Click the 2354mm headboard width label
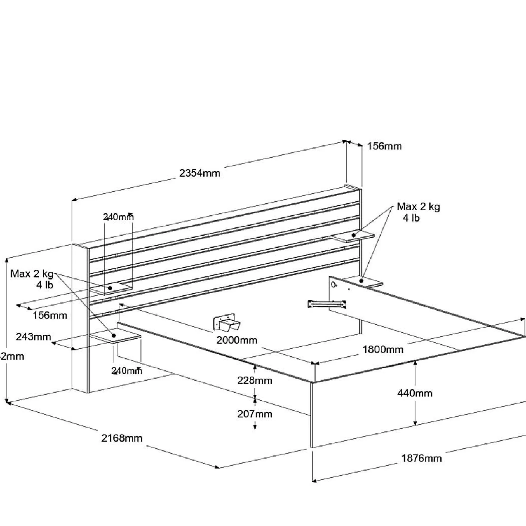click(199, 173)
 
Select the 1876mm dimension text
click(421, 458)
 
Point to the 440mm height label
click(415, 393)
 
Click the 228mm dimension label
click(255, 380)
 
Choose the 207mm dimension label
click(255, 414)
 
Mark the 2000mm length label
click(236, 340)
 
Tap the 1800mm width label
click(383, 349)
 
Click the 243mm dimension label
click(33, 337)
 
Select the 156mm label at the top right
click(384, 146)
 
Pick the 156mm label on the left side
click(50, 315)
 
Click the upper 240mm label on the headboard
click(118, 217)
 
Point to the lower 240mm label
click(127, 371)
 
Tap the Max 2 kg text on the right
click(418, 207)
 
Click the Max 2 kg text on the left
click(32, 274)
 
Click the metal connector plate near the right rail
click(327, 304)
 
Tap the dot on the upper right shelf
click(354, 235)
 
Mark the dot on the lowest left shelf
click(114, 335)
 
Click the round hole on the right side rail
click(333, 285)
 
